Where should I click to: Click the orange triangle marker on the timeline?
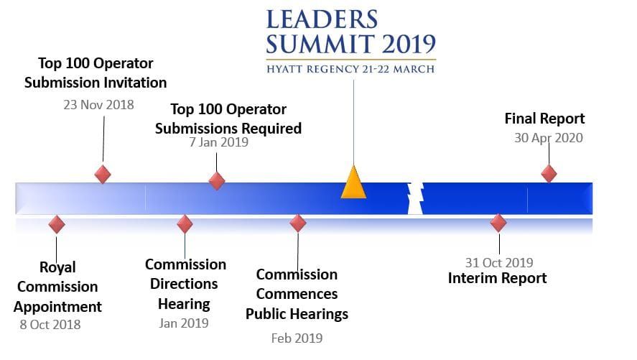353,183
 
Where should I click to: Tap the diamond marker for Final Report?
549,173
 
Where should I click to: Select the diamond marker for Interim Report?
498,223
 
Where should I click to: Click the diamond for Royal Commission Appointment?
57,224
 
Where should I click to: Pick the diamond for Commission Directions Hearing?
185,223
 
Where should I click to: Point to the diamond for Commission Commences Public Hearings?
298,223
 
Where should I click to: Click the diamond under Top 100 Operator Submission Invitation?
103,174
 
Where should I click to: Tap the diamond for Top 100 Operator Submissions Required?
217,180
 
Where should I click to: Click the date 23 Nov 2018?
98,105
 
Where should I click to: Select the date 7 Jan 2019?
218,142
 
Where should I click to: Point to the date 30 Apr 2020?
548,137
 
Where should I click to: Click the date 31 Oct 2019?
498,263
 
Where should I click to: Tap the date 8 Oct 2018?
50,324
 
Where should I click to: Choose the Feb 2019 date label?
297,338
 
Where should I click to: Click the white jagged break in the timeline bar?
414,198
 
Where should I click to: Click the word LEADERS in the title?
322,19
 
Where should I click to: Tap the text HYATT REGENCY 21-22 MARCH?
350,69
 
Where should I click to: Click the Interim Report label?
498,278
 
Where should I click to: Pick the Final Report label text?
544,119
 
